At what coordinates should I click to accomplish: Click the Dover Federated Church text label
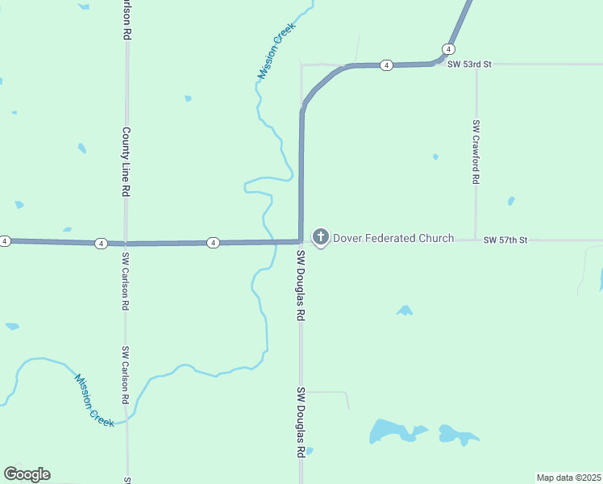[x=393, y=238]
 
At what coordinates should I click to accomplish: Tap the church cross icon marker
[x=321, y=237]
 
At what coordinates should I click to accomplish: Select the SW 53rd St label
[x=469, y=64]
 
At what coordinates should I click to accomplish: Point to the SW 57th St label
[x=505, y=240]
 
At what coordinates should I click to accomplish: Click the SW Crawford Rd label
[x=476, y=152]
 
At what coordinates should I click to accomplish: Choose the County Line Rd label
[x=126, y=161]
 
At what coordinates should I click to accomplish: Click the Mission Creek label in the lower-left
[x=94, y=400]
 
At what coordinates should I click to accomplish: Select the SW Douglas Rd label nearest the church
[x=300, y=285]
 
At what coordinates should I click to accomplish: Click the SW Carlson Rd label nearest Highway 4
[x=125, y=282]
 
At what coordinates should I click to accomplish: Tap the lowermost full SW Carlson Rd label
[x=125, y=375]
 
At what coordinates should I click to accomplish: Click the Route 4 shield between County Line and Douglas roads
[x=213, y=242]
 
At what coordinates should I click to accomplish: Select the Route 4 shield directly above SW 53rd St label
[x=447, y=48]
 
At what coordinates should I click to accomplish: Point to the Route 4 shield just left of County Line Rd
[x=101, y=243]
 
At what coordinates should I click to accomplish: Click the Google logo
[x=27, y=474]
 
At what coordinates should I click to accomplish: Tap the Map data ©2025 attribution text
[x=568, y=478]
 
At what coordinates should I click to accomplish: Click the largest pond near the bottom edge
[x=390, y=432]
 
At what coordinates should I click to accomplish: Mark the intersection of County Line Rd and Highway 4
[x=125, y=243]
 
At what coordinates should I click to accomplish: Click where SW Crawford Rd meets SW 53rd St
[x=476, y=65]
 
